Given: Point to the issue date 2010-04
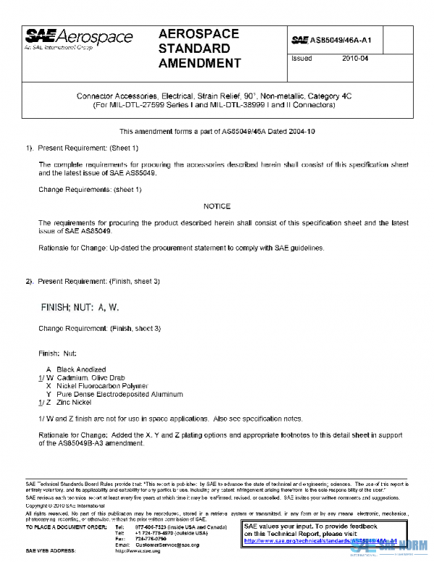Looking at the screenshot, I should pos(355,59).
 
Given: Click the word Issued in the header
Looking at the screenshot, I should pos(301,59).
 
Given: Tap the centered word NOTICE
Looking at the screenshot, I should pos(217,206).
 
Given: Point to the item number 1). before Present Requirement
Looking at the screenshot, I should pos(30,148).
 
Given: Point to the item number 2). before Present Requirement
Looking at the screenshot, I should pos(30,280).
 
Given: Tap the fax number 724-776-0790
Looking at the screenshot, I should pos(150,538).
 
